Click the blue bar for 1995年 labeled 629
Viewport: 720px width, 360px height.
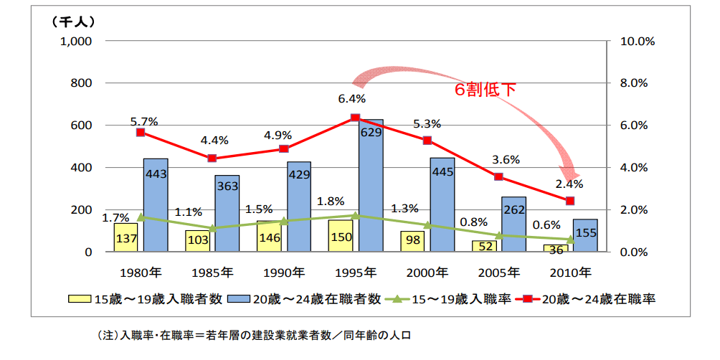coord(371,186)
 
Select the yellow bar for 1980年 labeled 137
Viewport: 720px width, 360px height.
coord(125,237)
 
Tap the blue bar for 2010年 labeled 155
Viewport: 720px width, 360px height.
coord(585,236)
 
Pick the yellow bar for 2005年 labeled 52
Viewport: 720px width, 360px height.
coord(484,246)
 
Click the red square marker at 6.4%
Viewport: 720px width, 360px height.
coord(355,118)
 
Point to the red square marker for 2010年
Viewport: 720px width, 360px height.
coord(570,201)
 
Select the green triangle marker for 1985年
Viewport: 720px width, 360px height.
coord(212,229)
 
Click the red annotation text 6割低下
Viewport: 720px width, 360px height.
coord(485,90)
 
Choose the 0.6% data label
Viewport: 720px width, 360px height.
coord(546,225)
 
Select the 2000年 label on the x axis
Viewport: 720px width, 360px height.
coord(427,273)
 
